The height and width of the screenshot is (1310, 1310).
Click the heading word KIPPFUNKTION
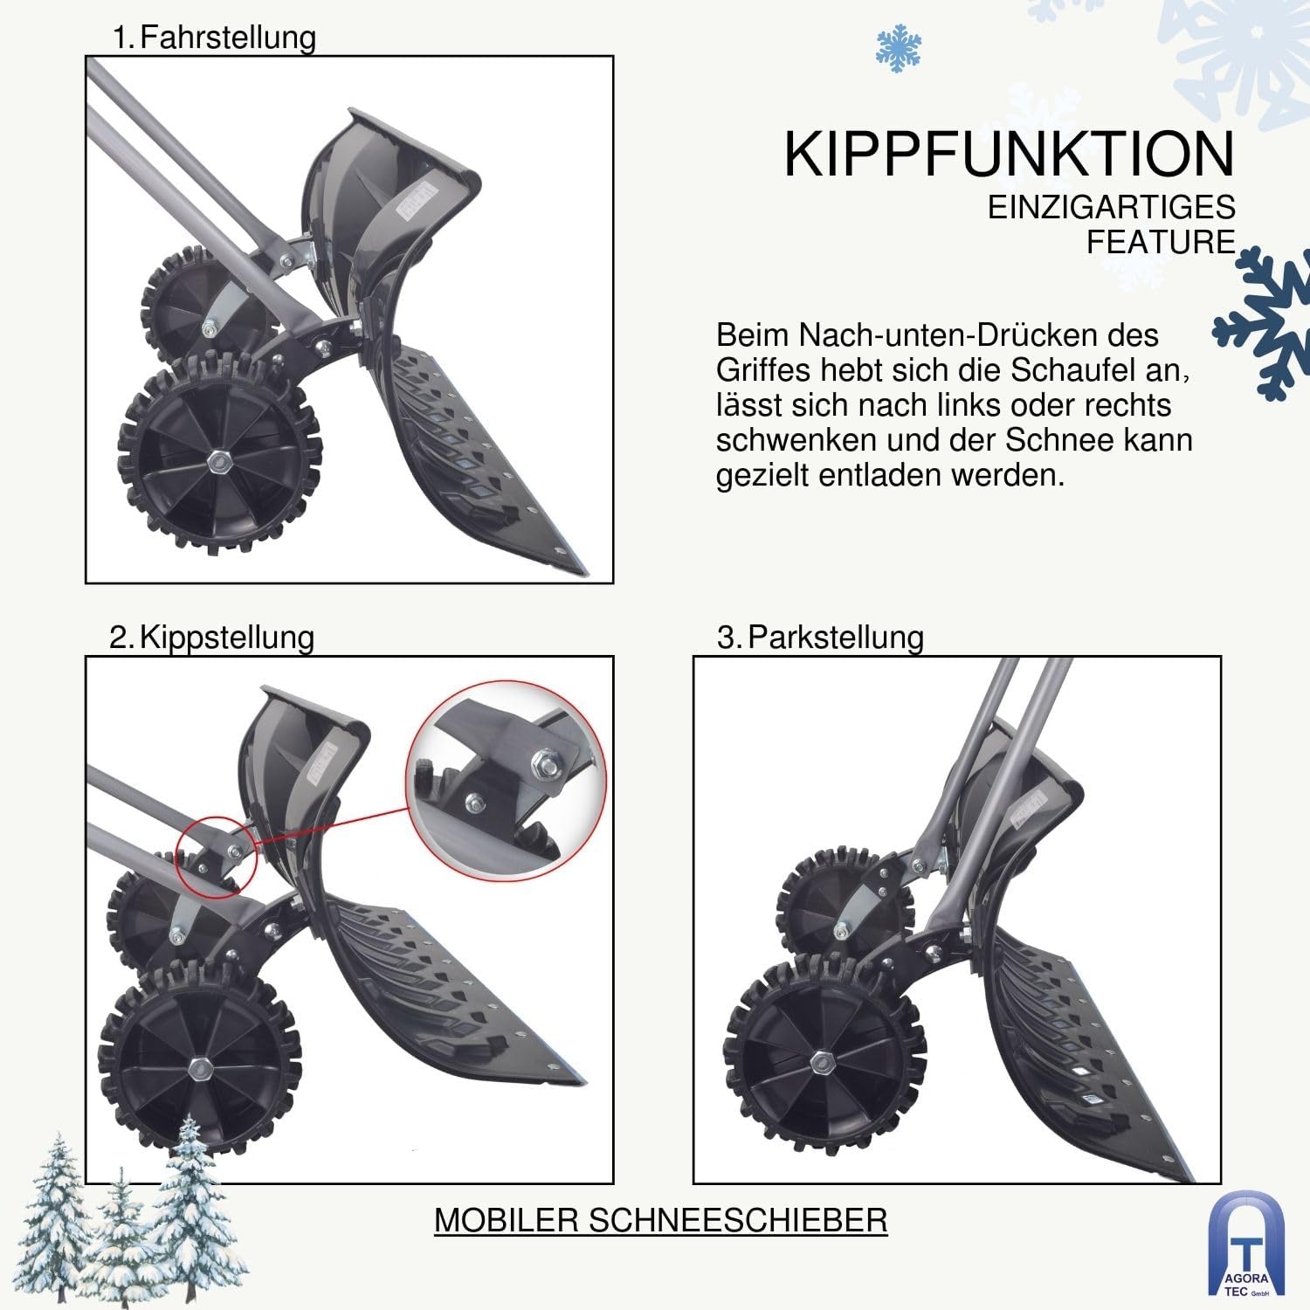(x=1010, y=155)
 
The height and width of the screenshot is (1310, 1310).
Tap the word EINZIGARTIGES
(x=1112, y=207)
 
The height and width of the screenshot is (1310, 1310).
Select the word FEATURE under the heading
(x=1161, y=242)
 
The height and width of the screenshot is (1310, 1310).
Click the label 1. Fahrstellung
(x=214, y=38)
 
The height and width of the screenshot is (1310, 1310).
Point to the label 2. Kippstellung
(x=211, y=638)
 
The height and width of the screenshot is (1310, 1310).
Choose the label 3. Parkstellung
(x=820, y=638)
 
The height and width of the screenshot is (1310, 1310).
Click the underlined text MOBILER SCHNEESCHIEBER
(x=660, y=1220)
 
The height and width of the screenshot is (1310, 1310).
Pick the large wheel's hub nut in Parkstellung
(x=821, y=1063)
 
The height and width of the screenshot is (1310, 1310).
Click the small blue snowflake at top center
(x=899, y=48)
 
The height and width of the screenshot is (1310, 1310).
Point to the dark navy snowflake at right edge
(x=1262, y=323)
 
